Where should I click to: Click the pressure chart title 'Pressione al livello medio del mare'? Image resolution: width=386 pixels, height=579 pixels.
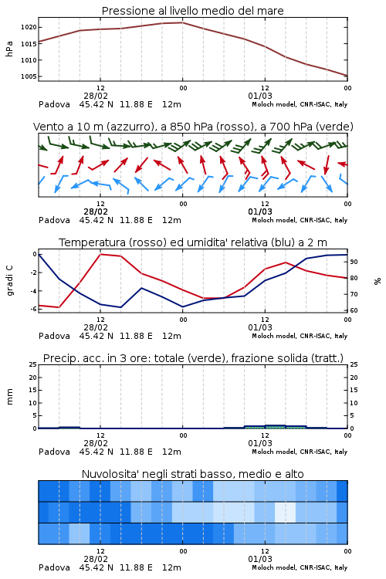pyautogui.click(x=192, y=11)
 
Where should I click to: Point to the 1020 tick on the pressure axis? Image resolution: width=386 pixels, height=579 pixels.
pyautogui.click(x=29, y=27)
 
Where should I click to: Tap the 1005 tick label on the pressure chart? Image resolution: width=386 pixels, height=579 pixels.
pyautogui.click(x=29, y=76)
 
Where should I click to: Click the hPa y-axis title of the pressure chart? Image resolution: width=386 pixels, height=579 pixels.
pyautogui.click(x=9, y=49)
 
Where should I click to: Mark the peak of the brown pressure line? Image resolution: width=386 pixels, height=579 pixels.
pyautogui.click(x=182, y=22)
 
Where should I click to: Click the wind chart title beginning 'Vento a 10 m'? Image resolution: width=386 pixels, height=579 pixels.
pyautogui.click(x=193, y=127)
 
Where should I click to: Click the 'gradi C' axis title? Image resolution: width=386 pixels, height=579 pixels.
pyautogui.click(x=9, y=280)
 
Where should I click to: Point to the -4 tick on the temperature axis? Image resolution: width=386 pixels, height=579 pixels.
pyautogui.click(x=33, y=291)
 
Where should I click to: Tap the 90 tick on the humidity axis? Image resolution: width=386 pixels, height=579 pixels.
pyautogui.click(x=354, y=262)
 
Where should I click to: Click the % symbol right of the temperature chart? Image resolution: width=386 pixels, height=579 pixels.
pyautogui.click(x=378, y=281)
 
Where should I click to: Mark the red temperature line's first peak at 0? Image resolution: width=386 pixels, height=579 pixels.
pyautogui.click(x=100, y=254)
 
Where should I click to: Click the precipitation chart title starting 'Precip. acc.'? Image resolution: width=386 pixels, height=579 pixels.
pyautogui.click(x=193, y=358)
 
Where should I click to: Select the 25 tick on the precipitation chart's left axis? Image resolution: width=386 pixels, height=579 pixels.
pyautogui.click(x=33, y=364)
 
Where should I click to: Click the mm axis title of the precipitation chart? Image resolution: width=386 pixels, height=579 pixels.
pyautogui.click(x=9, y=396)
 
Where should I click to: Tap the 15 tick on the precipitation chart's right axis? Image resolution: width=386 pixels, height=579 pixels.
pyautogui.click(x=354, y=390)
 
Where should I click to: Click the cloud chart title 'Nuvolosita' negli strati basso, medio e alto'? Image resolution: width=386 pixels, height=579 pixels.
pyautogui.click(x=192, y=474)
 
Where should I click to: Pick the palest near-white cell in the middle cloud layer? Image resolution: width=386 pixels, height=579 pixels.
pyautogui.click(x=285, y=512)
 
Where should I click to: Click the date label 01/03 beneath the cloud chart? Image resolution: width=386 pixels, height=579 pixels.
pyautogui.click(x=260, y=559)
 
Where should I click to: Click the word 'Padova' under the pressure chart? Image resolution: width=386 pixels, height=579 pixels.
pyautogui.click(x=54, y=104)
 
